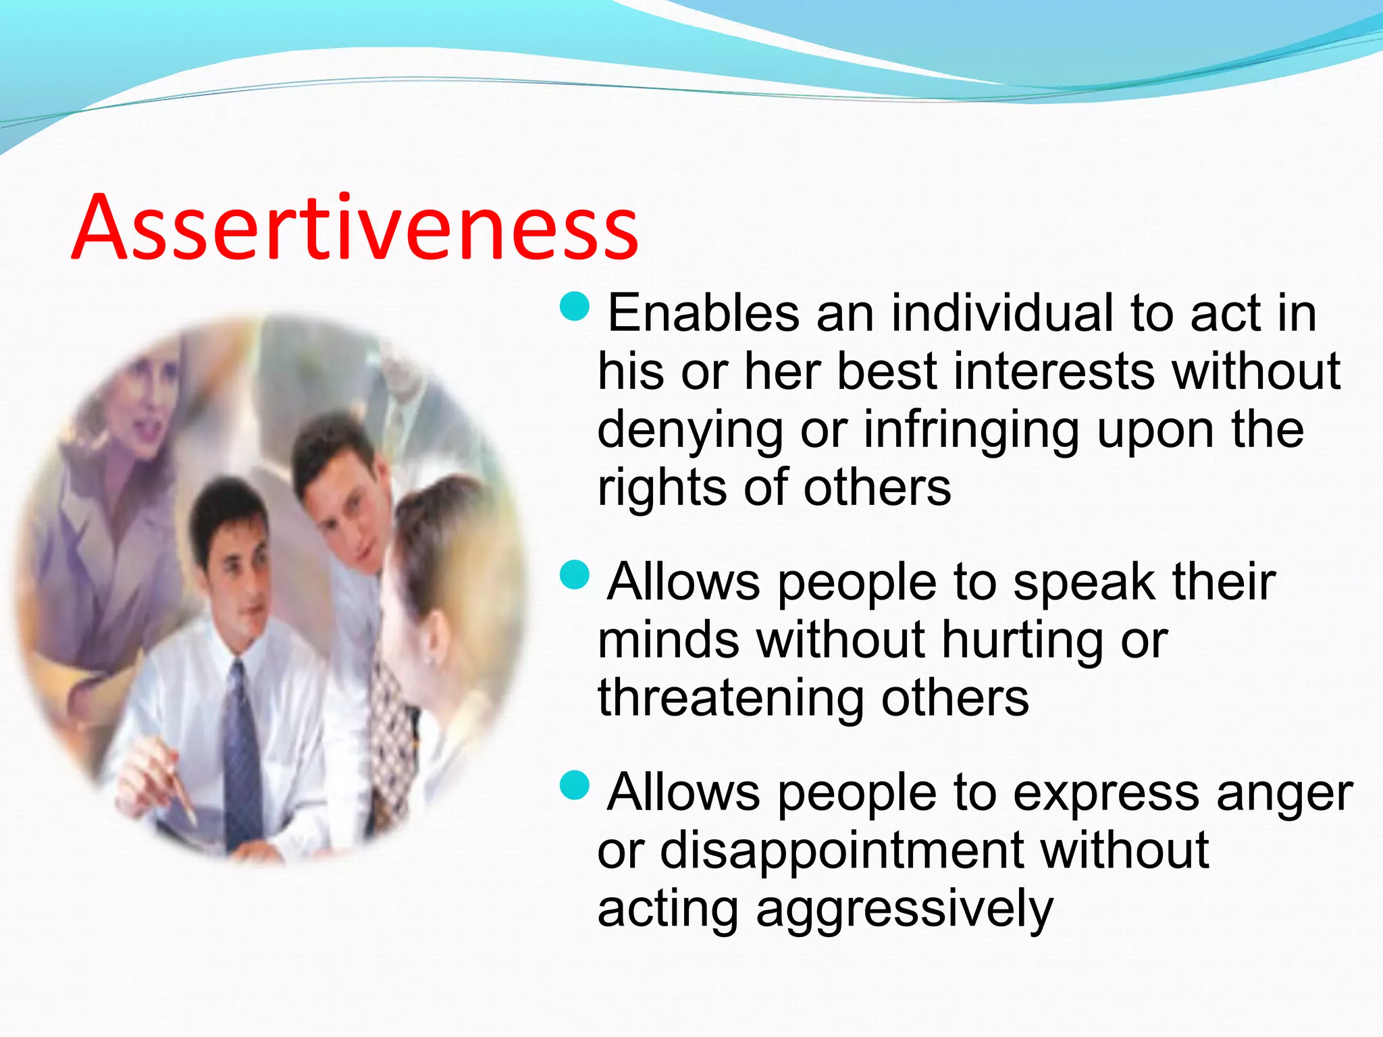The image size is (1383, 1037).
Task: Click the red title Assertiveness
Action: (x=355, y=228)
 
